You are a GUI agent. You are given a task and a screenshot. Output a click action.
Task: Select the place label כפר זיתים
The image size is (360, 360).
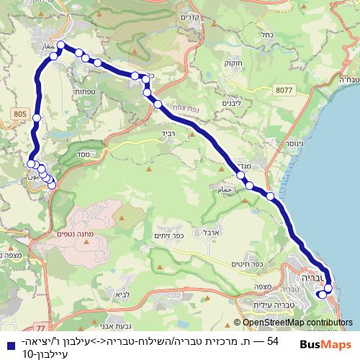point(171,235)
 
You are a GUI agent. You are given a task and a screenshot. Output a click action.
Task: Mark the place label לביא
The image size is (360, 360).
point(120,294)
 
